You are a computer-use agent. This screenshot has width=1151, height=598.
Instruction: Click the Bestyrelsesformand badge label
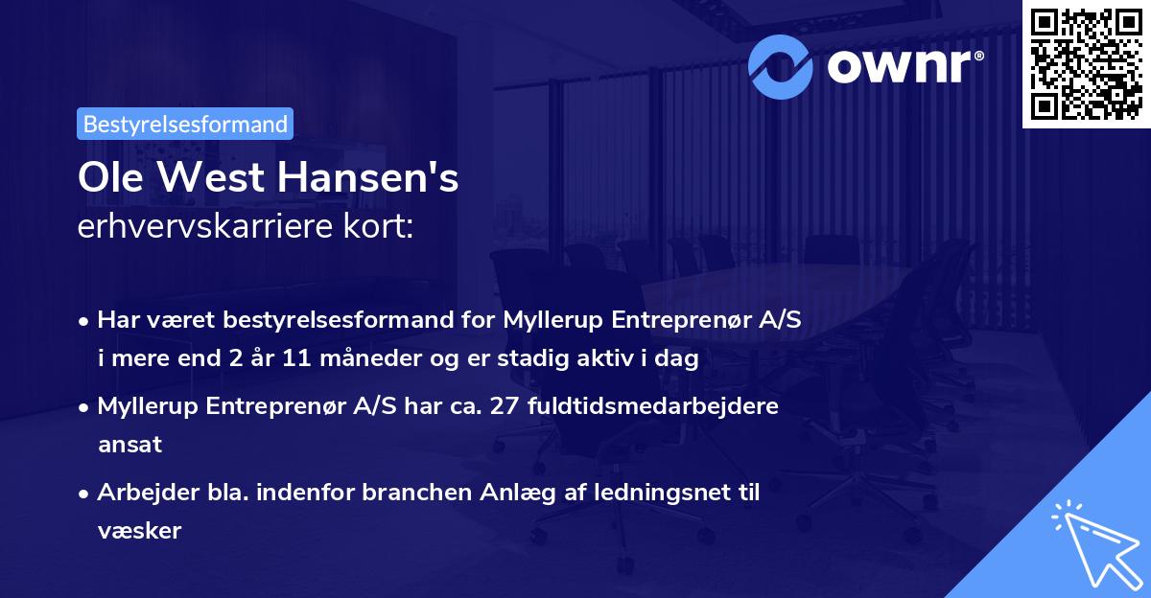click(185, 124)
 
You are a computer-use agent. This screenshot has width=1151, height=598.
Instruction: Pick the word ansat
click(129, 444)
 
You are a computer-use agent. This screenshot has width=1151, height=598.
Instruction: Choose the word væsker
click(139, 530)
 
